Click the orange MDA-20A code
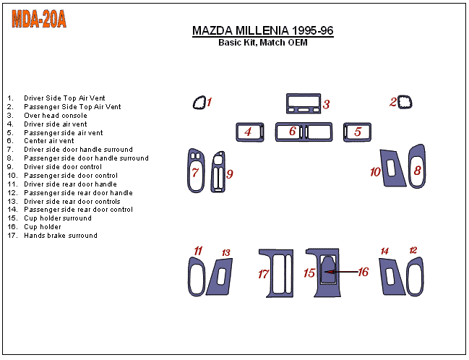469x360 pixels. click(39, 20)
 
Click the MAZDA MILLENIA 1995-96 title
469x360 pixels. click(262, 31)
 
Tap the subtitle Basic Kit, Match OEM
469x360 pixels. click(262, 43)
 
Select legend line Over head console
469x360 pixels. click(55, 116)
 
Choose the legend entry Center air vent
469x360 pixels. click(49, 141)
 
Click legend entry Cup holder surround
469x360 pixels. click(57, 218)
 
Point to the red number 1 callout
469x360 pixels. click(210, 102)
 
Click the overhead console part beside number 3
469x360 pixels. click(303, 103)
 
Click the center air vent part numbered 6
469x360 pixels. click(307, 132)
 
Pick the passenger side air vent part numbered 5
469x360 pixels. click(357, 132)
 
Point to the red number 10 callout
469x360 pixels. click(375, 172)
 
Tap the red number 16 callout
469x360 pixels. click(363, 272)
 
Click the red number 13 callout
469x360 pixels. click(226, 253)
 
